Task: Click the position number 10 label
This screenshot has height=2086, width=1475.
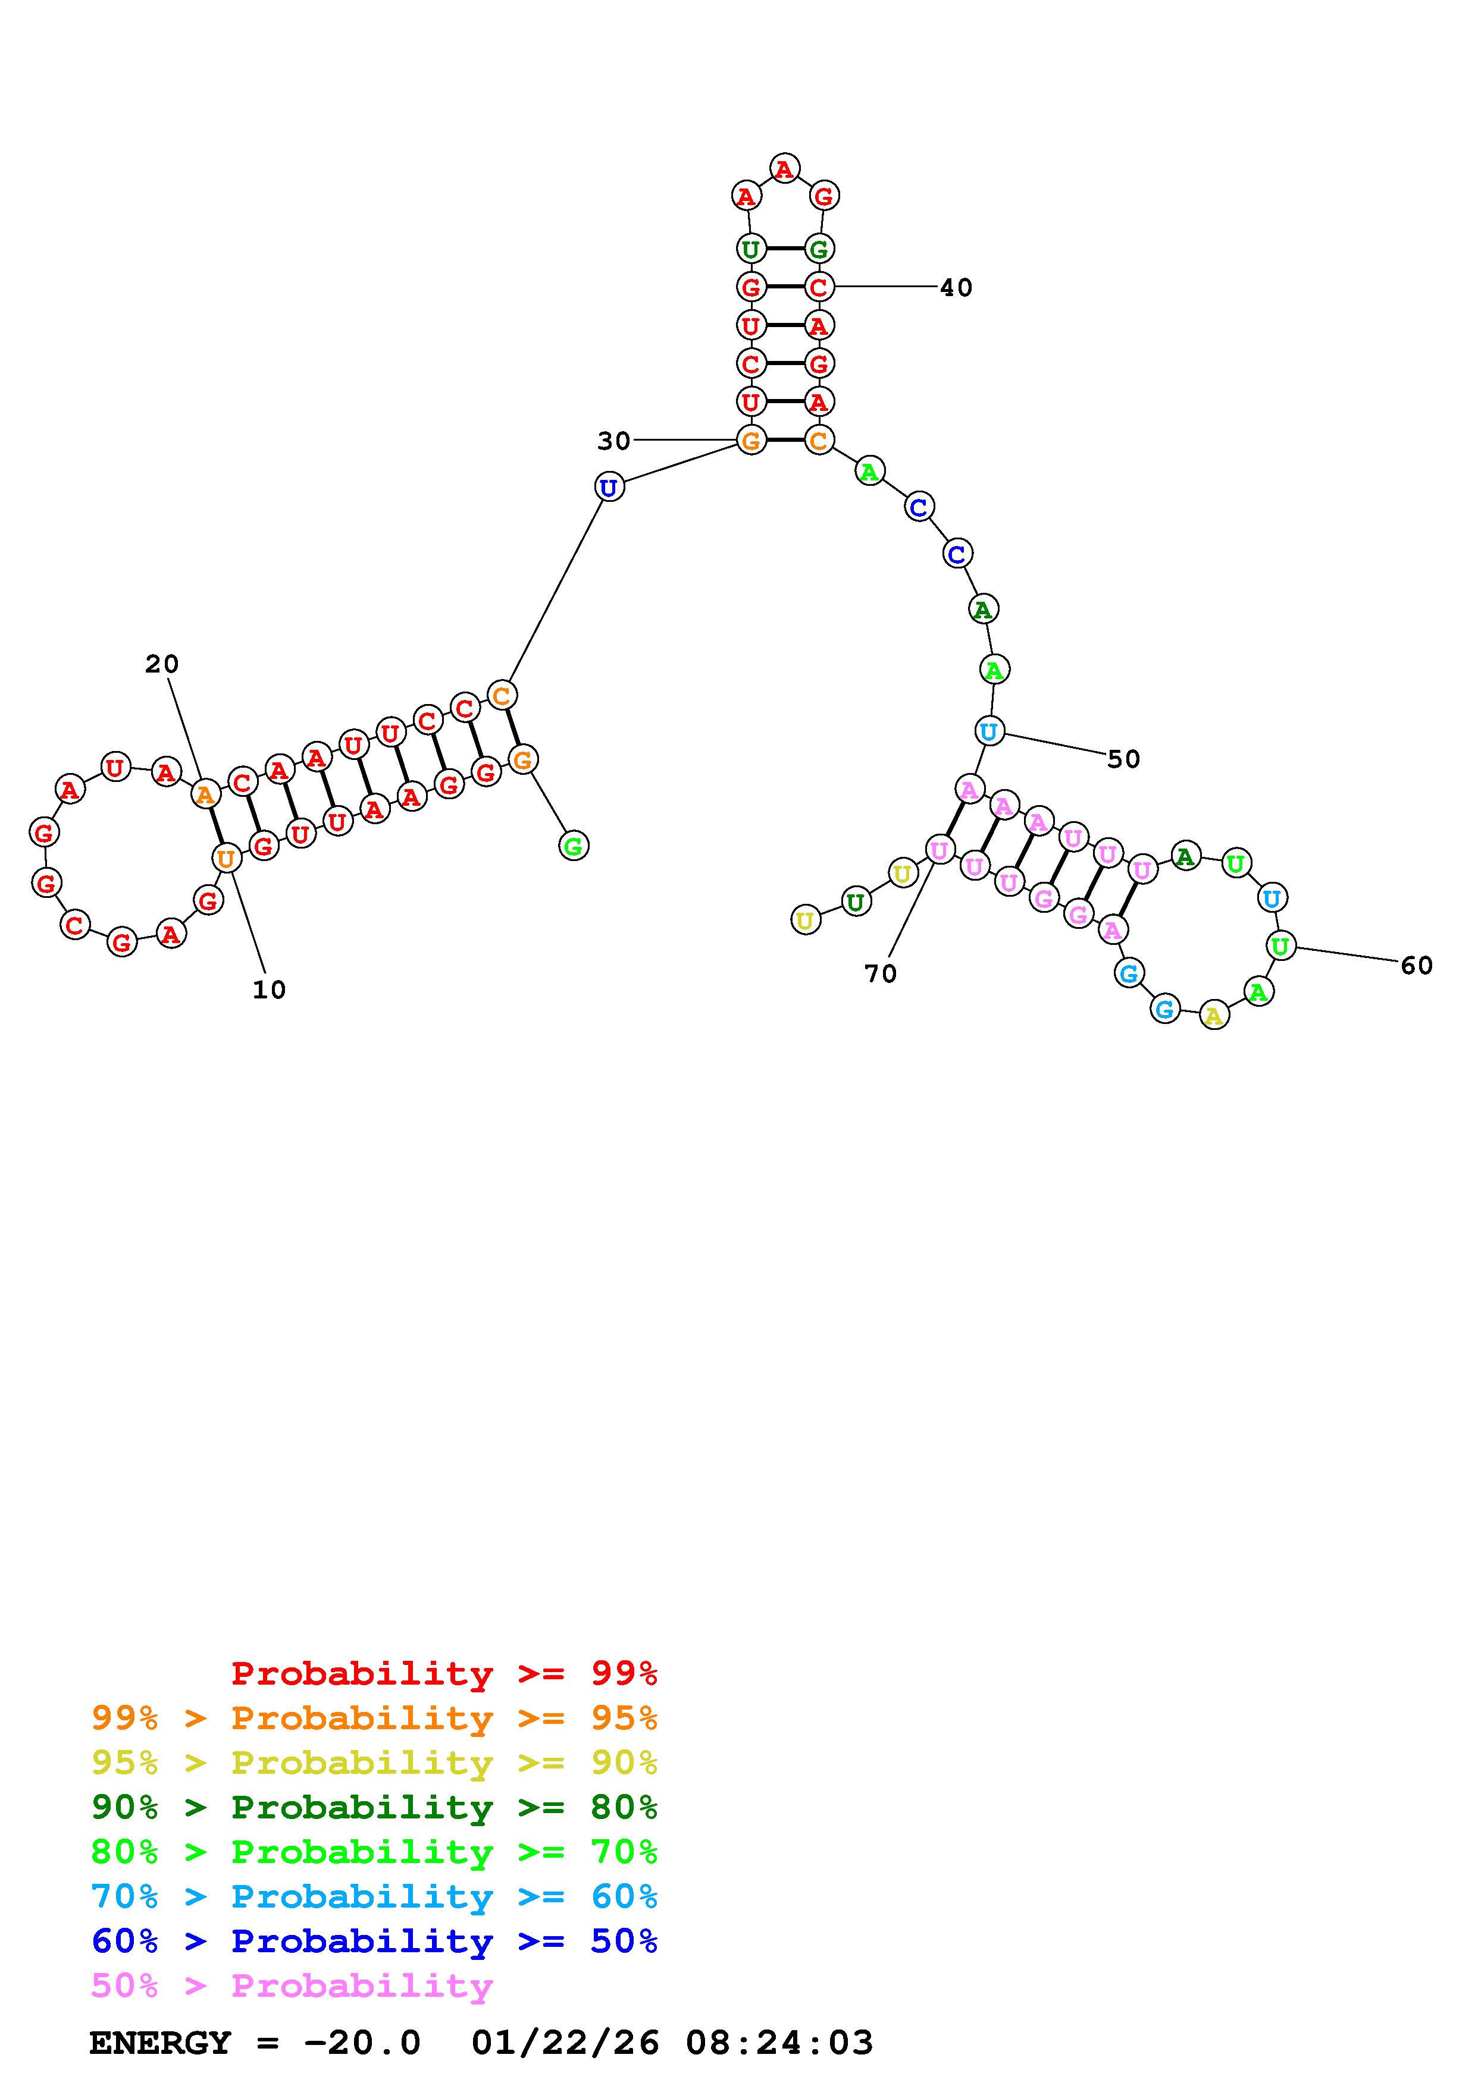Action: pyautogui.click(x=269, y=989)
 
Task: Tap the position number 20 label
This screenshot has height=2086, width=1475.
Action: pyautogui.click(x=162, y=664)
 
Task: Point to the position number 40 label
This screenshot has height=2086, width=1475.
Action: pyautogui.click(x=956, y=287)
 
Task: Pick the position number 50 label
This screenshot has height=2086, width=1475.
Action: pyautogui.click(x=1123, y=759)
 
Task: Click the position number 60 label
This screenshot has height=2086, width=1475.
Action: pyautogui.click(x=1417, y=965)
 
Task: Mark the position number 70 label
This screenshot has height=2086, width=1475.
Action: pyautogui.click(x=881, y=974)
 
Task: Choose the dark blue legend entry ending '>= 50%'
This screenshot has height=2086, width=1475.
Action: pyautogui.click(x=374, y=1941)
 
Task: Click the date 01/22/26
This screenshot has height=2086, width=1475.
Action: pyautogui.click(x=565, y=2043)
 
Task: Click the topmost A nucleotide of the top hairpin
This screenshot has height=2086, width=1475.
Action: pyautogui.click(x=784, y=168)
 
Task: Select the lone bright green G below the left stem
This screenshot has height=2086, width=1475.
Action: pyautogui.click(x=574, y=846)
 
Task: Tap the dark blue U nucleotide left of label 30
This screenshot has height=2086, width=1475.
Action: pyautogui.click(x=609, y=487)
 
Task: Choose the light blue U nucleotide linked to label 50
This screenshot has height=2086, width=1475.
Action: pyautogui.click(x=989, y=730)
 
